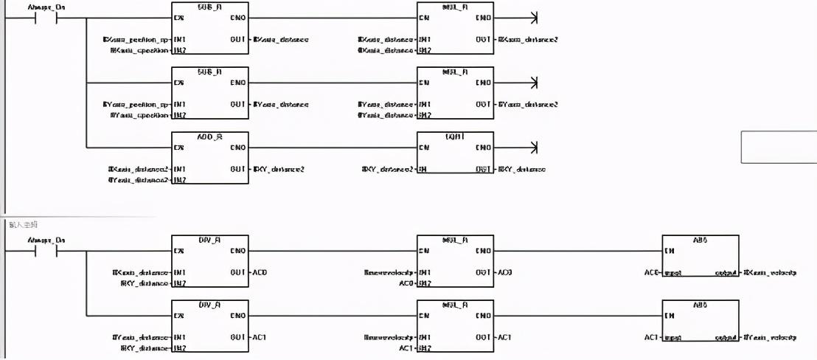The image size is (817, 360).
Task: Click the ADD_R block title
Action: [x=209, y=136]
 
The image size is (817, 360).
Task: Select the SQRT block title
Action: [x=455, y=136]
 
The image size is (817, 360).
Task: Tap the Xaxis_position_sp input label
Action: [x=136, y=39]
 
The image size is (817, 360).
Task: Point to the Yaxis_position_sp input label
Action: [x=136, y=104]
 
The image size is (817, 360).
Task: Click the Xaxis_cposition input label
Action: [x=139, y=50]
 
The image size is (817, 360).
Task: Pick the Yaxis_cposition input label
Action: [x=139, y=115]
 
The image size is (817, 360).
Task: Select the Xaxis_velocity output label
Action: [x=771, y=273]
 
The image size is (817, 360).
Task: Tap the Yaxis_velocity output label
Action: [x=771, y=337]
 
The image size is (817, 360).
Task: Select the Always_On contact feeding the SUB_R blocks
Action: [x=46, y=18]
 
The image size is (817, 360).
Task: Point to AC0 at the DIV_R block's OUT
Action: [x=260, y=273]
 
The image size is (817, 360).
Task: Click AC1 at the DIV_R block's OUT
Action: [x=260, y=337]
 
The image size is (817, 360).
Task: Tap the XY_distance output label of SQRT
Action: [x=522, y=170]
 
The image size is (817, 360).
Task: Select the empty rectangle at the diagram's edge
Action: [x=779, y=146]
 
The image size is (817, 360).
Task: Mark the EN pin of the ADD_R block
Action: [x=178, y=148]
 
